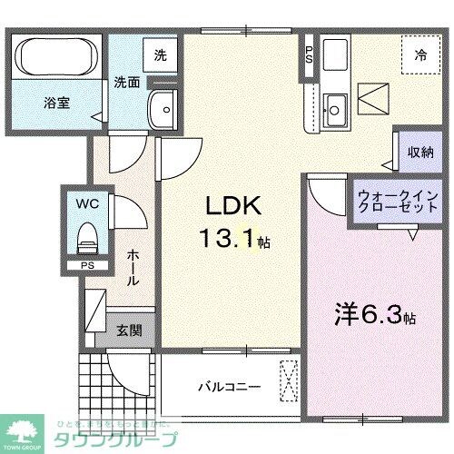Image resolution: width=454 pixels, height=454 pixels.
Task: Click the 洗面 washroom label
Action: tap(126, 82)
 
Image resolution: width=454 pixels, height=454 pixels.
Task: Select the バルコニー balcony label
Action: tap(231, 387)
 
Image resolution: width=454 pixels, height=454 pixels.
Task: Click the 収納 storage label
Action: tap(419, 153)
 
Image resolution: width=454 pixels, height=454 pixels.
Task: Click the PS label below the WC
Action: tap(87, 266)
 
